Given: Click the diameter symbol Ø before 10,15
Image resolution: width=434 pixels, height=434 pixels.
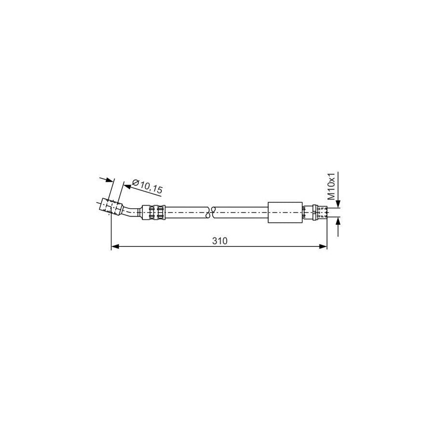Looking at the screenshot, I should [136, 183].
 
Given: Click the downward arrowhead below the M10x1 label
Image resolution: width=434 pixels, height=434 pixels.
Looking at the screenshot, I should [338, 205].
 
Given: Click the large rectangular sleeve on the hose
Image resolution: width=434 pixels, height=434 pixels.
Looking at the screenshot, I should [285, 212].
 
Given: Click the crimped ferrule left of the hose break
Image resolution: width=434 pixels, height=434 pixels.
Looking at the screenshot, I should [154, 212].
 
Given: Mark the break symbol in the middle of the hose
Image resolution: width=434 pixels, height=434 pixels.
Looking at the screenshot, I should [211, 212].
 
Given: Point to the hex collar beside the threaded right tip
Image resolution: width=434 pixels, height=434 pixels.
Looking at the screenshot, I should [310, 212].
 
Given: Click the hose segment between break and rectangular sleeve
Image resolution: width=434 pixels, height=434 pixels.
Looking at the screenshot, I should [241, 212].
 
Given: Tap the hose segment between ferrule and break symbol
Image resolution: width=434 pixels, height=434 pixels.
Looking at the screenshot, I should [186, 212].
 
